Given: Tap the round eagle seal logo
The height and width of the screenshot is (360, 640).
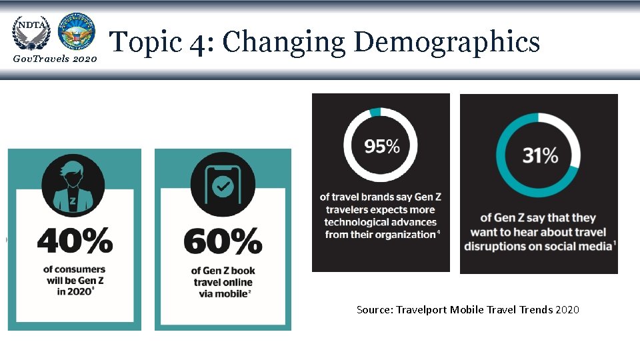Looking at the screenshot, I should tap(76, 31).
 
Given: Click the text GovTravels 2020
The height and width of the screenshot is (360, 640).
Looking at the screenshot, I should tap(55, 59).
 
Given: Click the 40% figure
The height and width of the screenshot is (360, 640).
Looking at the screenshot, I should tap(75, 241).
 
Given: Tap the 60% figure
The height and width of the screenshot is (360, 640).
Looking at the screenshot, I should tap(223, 241).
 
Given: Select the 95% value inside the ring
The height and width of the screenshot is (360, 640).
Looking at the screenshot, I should tap(381, 146).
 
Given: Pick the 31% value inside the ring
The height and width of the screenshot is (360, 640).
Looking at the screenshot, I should tap(540, 155).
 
